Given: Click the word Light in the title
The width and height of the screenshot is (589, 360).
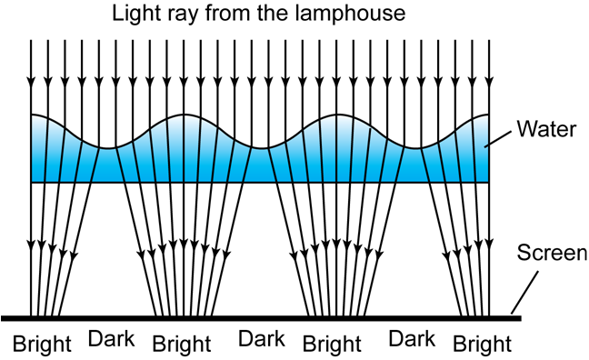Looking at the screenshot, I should [x=135, y=15].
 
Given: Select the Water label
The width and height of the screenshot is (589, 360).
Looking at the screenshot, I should [x=545, y=129].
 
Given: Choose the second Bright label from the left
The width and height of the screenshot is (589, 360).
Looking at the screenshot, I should [x=183, y=344].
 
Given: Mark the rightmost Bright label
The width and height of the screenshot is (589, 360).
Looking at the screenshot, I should [x=482, y=344].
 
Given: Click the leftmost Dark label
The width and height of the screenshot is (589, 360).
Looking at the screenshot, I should [x=111, y=340].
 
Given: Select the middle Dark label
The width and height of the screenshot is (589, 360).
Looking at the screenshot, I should [x=262, y=340].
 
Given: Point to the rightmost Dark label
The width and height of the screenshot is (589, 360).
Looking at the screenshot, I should [x=410, y=340].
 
